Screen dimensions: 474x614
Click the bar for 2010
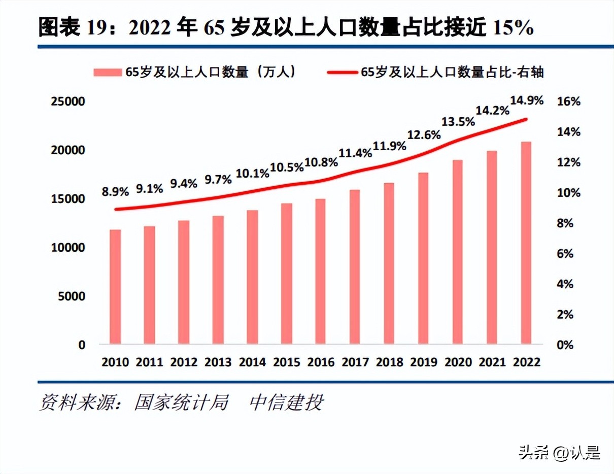(115, 287)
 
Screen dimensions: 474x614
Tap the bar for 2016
(321, 272)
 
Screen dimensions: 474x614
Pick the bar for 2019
(423, 258)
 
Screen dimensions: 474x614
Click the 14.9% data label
(526, 100)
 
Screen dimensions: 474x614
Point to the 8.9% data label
(115, 191)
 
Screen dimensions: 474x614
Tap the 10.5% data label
(287, 166)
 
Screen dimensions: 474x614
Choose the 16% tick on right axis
(568, 101)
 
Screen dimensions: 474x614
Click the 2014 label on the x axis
(252, 362)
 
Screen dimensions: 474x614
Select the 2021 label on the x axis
(492, 362)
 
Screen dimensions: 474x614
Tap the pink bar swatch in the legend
(107, 73)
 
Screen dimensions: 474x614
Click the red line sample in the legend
(342, 73)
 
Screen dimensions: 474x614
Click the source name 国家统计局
(181, 403)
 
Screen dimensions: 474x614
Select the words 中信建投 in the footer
(286, 403)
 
